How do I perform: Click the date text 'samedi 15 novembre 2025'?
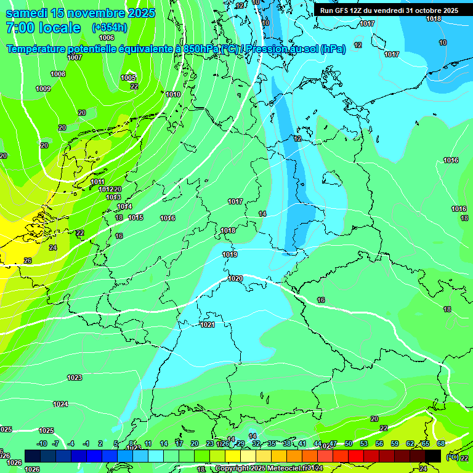[x=80, y=13]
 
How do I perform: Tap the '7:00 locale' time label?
[x=43, y=28]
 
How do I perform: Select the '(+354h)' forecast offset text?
[x=109, y=28]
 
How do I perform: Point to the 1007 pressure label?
[x=75, y=57]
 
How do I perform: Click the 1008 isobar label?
[x=58, y=74]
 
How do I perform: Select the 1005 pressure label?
[x=128, y=78]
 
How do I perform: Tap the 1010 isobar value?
[x=173, y=94]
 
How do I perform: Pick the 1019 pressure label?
[x=230, y=254]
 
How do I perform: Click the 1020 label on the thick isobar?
[x=235, y=278]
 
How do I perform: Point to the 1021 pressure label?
[x=208, y=325]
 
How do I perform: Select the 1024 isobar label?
[x=60, y=404]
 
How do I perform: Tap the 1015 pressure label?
[x=135, y=217]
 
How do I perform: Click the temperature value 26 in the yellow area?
[x=28, y=261]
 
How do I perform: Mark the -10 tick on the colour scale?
[x=42, y=443]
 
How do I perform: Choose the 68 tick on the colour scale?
[x=441, y=443]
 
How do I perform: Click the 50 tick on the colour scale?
[x=349, y=443]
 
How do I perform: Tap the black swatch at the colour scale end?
[x=433, y=456]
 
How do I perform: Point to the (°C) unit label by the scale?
[x=452, y=457]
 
